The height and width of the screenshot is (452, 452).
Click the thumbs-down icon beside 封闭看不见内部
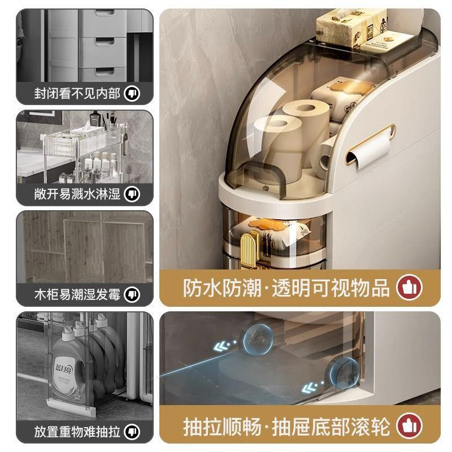pyautogui.click(x=132, y=93)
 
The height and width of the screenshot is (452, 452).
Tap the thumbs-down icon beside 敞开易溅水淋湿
pyautogui.click(x=132, y=194)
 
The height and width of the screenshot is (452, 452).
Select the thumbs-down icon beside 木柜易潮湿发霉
pyautogui.click(x=132, y=294)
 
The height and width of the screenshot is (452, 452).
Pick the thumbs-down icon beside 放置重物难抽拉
pyautogui.click(x=132, y=432)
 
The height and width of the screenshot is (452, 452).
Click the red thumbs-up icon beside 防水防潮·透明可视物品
pyautogui.click(x=409, y=288)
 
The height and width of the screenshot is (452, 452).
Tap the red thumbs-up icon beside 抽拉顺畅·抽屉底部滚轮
pyautogui.click(x=409, y=426)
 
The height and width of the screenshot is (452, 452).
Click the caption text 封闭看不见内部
pyautogui.click(x=77, y=93)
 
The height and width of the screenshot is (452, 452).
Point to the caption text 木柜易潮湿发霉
pyautogui.click(x=77, y=294)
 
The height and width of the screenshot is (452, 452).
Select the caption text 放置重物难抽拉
pyautogui.click(x=77, y=432)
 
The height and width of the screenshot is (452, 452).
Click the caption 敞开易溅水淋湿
pyautogui.click(x=77, y=194)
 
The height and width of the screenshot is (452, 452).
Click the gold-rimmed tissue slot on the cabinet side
pyautogui.click(x=371, y=144)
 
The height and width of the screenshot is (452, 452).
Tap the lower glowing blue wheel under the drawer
pyautogui.click(x=344, y=372)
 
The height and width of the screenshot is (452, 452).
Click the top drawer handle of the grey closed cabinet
pyautogui.click(x=105, y=12)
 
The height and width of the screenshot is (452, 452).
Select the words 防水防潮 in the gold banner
pyautogui.click(x=222, y=288)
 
